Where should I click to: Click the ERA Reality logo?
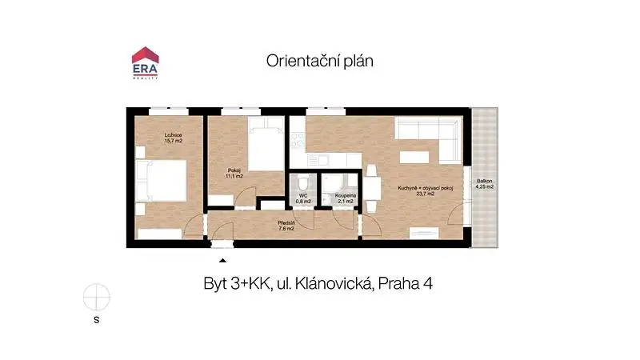point(145,63)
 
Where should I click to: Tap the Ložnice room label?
point(173,135)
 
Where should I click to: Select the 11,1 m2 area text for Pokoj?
point(234,176)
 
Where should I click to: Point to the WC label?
point(303,196)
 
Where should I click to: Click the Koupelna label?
point(346,196)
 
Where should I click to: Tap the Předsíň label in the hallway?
point(286,223)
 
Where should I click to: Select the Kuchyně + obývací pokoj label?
point(426,188)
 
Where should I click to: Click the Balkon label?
point(485,181)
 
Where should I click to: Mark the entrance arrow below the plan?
point(222,261)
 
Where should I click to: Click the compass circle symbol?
point(97,297)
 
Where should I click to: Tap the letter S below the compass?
point(97,319)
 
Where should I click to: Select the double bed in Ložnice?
point(162,181)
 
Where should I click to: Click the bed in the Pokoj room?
point(266,144)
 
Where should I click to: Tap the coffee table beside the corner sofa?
point(414,157)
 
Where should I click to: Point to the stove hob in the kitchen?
point(298,140)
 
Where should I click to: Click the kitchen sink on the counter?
point(318,160)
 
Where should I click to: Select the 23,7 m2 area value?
point(426,194)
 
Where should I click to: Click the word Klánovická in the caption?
point(333,284)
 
